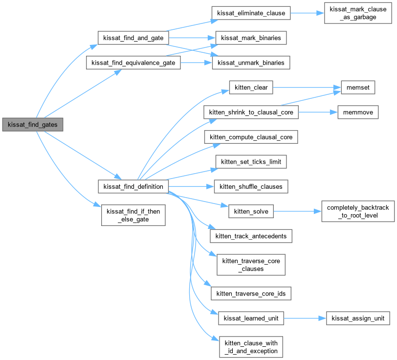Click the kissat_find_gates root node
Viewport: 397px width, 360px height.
tap(32, 125)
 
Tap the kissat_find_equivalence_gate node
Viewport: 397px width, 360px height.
tap(133, 63)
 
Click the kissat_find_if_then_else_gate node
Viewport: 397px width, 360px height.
tap(133, 215)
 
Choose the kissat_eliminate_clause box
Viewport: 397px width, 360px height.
tap(251, 13)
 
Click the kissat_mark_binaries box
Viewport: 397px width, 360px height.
tap(251, 38)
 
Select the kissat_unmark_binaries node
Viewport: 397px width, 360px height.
tap(251, 63)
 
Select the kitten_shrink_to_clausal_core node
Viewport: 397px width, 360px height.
tap(251, 112)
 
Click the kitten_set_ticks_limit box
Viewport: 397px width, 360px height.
tap(251, 162)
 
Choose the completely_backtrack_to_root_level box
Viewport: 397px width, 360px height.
tap(357, 211)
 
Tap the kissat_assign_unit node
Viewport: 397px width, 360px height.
tap(358, 318)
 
